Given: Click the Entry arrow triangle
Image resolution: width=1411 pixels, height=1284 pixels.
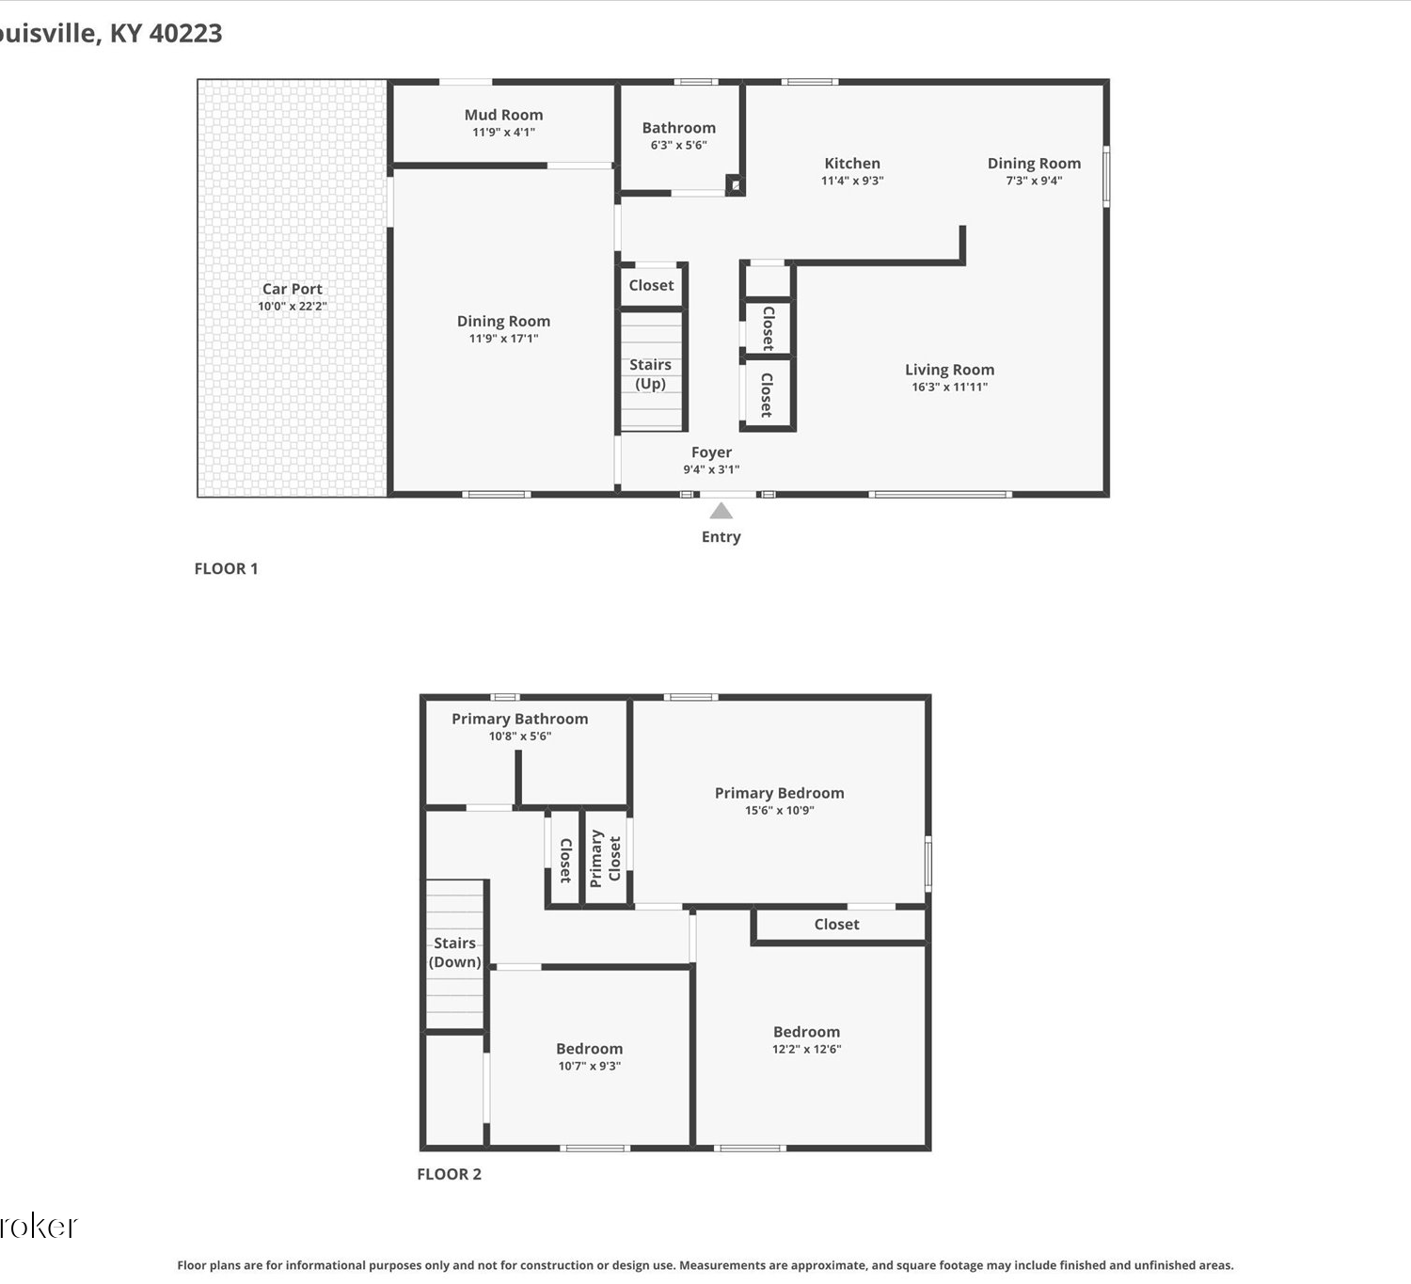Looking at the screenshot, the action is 721,511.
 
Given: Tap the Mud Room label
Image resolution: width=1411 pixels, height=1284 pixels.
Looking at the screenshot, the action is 503,115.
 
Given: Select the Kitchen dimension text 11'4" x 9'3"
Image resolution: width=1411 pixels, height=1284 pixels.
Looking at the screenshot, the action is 852,180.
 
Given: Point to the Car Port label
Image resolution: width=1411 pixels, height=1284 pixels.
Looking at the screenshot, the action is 292,289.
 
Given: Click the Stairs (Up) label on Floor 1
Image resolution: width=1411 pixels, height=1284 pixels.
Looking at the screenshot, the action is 650,373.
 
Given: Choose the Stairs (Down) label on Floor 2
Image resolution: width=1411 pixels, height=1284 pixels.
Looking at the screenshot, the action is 454,952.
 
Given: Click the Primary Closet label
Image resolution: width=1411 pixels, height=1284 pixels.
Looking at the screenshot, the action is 605,858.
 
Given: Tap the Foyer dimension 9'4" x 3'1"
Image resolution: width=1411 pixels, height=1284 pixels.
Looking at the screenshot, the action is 711,469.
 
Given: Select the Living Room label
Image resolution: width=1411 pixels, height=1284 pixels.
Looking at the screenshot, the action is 949,370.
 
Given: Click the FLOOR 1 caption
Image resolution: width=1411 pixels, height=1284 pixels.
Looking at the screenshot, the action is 226,568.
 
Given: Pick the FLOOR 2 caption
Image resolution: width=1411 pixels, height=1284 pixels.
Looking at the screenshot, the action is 449,1174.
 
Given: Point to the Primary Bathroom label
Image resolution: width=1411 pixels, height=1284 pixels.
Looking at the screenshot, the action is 520,719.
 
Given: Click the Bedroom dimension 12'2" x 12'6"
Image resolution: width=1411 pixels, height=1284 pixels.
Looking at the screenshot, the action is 806,1048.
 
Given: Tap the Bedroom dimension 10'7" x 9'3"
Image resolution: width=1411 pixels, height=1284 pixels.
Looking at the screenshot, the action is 590,1065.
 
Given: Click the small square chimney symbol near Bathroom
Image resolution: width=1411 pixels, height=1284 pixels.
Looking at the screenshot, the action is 735,185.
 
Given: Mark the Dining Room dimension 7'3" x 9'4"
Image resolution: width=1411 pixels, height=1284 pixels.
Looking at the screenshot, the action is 1034,180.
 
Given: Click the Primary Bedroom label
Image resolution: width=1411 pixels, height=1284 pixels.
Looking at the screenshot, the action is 780,793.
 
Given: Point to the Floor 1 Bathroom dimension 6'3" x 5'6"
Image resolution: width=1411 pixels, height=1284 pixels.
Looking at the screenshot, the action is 678,145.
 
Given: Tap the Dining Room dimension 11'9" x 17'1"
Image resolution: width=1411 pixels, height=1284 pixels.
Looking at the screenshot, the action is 503,339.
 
